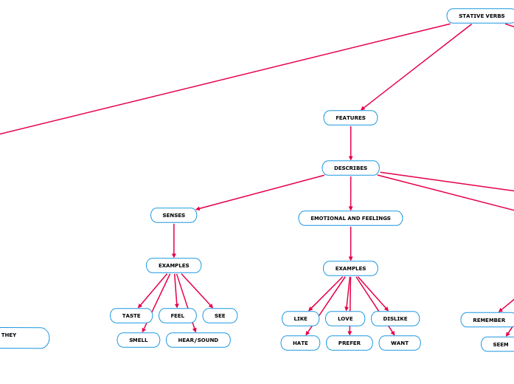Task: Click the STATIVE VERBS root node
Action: click(x=481, y=16)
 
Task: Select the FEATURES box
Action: click(x=350, y=117)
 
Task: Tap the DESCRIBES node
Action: click(x=350, y=168)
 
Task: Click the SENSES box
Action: click(x=174, y=215)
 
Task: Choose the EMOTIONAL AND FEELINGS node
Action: click(x=350, y=218)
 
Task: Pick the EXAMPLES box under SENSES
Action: click(x=173, y=265)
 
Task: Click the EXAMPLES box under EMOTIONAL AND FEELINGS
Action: click(x=350, y=268)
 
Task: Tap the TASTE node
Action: click(x=131, y=315)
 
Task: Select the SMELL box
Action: click(x=139, y=340)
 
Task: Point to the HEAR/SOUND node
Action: click(x=198, y=340)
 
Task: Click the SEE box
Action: click(x=220, y=315)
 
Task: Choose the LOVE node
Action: click(x=345, y=318)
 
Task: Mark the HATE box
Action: click(x=300, y=343)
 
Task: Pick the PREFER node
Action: click(x=350, y=343)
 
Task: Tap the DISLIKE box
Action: click(x=395, y=318)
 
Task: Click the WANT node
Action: click(x=400, y=343)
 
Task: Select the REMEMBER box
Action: click(x=489, y=320)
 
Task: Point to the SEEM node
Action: click(x=500, y=344)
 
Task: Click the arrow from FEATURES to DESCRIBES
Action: click(x=350, y=143)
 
